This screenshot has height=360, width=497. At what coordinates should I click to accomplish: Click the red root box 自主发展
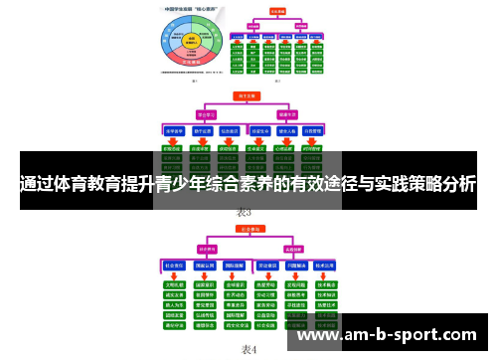pos(245,97)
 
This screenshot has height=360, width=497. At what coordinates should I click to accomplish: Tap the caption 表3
pos(244,212)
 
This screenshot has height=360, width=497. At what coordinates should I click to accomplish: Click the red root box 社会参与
pos(245,231)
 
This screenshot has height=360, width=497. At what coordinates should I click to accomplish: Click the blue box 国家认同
pos(205,267)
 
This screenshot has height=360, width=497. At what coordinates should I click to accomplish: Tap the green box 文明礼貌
pos(175,283)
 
